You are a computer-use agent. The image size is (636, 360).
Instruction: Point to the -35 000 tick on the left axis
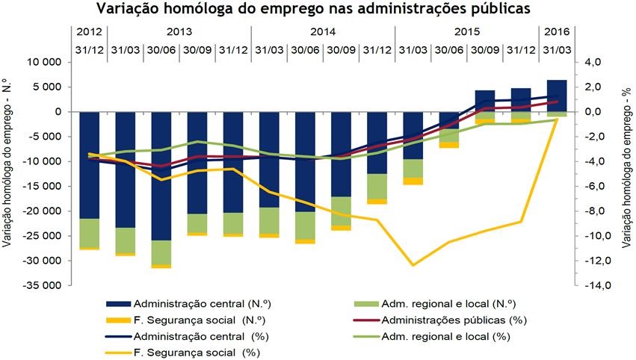46,285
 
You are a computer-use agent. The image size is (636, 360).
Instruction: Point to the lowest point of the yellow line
413,264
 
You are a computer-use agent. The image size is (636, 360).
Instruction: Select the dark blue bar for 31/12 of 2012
89,165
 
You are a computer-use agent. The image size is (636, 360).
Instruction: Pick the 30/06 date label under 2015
448,50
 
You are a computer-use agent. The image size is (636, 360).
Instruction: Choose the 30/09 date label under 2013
197,50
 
